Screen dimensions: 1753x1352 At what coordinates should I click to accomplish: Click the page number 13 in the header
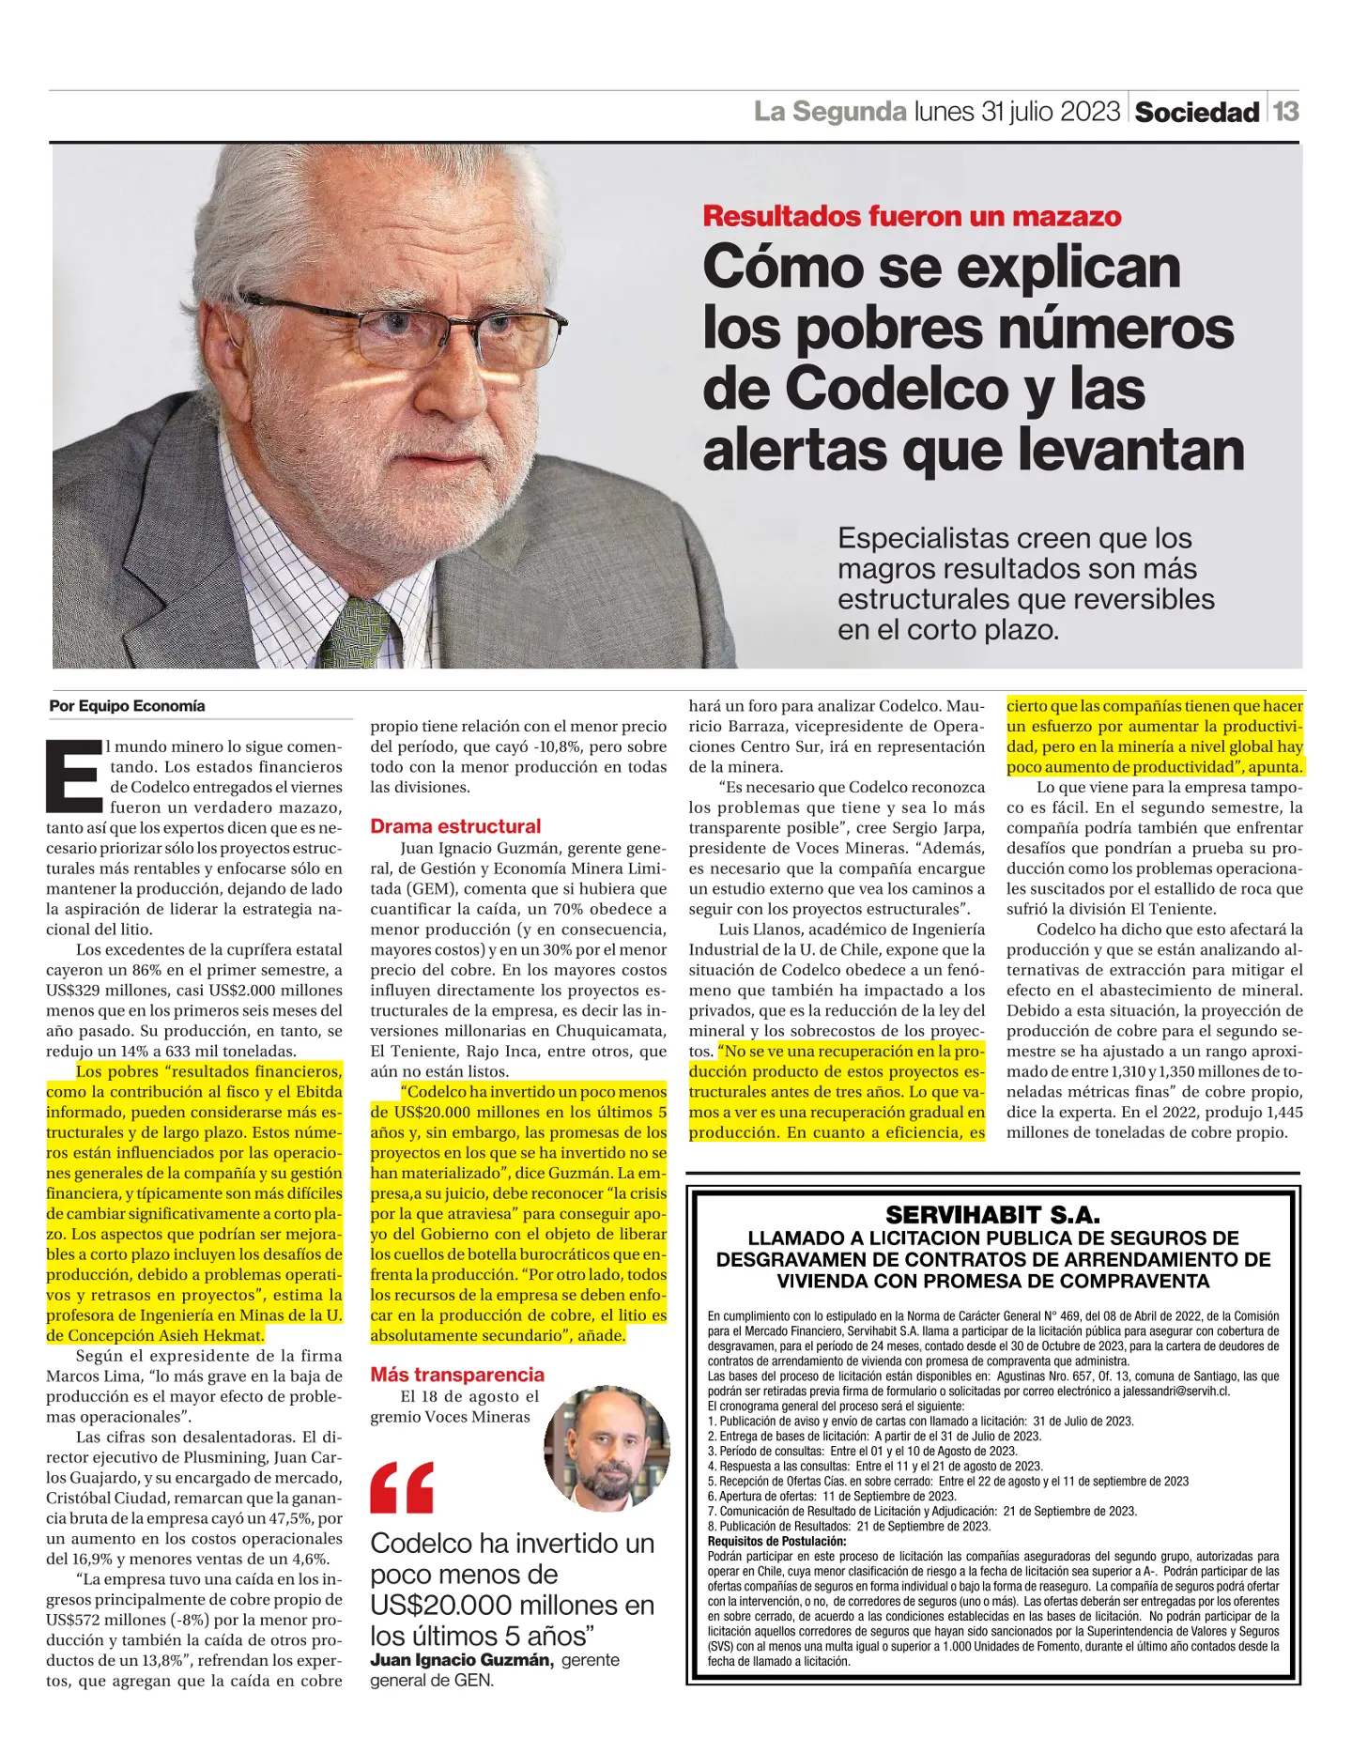click(x=1285, y=111)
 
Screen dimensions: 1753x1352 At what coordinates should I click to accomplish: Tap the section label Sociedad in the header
click(x=1197, y=113)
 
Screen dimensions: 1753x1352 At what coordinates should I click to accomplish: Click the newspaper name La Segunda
click(x=830, y=112)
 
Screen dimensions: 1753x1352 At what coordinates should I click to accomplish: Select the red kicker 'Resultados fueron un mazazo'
click(x=912, y=216)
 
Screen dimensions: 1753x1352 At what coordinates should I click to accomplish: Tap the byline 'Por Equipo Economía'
click(x=127, y=706)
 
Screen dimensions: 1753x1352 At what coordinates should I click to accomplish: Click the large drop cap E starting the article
click(x=74, y=777)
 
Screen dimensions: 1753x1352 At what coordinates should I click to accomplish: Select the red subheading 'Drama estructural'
click(x=455, y=826)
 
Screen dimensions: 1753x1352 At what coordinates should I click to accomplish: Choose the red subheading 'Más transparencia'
click(x=457, y=1375)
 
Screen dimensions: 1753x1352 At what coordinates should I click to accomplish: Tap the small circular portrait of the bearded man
click(x=607, y=1448)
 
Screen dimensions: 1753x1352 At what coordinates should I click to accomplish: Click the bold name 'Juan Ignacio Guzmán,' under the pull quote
click(x=461, y=1660)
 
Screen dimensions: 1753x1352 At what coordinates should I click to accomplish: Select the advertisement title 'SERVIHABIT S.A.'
click(x=992, y=1214)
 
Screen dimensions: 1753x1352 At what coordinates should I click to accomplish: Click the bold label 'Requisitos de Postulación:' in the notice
click(x=776, y=1541)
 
